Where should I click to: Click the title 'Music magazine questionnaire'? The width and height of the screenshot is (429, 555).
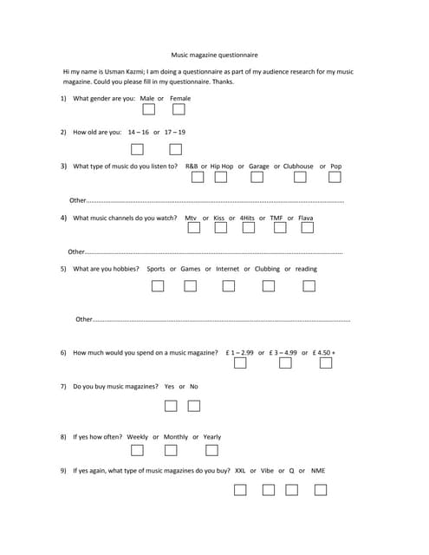[214, 54]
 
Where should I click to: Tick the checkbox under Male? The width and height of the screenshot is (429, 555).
[149, 110]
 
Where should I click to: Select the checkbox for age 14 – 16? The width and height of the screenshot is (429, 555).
[138, 149]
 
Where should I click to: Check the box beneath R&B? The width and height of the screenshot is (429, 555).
[198, 177]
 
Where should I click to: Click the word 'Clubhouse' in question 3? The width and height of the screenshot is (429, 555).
[298, 166]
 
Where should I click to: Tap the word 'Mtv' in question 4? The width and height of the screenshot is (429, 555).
[191, 218]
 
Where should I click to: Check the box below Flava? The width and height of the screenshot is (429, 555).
[307, 228]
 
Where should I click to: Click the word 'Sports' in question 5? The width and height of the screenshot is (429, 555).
[156, 269]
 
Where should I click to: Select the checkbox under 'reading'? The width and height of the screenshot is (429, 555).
[307, 285]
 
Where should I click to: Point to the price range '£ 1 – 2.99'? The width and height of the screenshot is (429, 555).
[238, 353]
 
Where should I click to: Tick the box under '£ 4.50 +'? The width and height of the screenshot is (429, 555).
[325, 362]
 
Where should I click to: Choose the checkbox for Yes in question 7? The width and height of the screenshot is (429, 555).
[171, 405]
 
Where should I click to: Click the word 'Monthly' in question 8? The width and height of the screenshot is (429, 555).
[175, 437]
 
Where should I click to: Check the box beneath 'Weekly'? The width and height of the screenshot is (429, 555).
[137, 450]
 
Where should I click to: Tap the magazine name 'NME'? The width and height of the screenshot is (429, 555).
[318, 471]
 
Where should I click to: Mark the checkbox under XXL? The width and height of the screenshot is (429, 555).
[240, 490]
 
